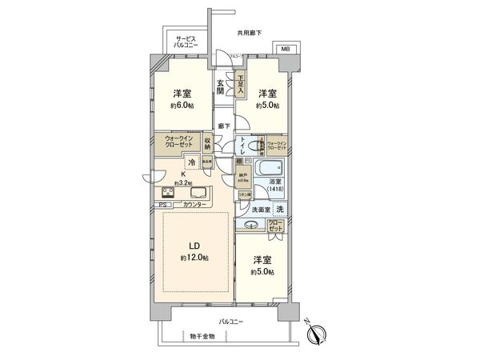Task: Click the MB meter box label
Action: click(285, 49)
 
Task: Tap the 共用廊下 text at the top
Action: click(250, 33)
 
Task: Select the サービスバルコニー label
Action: click(186, 42)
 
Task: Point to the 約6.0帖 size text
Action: click(182, 105)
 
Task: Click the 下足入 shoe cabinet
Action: click(239, 85)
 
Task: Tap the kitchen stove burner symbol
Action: click(170, 192)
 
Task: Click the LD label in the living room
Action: click(193, 245)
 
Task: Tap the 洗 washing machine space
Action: click(280, 210)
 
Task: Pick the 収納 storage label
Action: click(206, 145)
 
